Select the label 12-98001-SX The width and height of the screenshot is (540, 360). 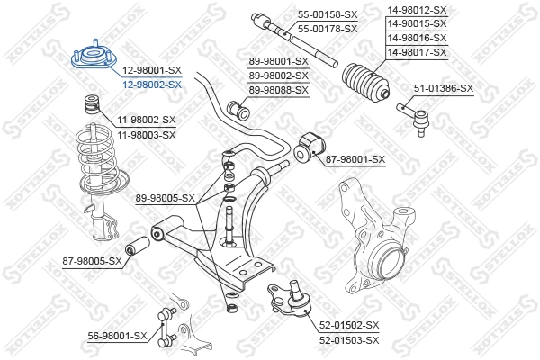tap(151, 70)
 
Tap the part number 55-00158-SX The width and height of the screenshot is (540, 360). tap(328, 16)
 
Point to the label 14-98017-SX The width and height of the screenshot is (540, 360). tap(417, 52)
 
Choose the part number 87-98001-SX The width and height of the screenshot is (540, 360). tap(355, 159)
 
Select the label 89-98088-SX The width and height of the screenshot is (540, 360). tap(278, 90)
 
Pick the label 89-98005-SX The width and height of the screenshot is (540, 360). tap(165, 197)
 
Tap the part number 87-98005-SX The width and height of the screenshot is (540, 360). tap(92, 261)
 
